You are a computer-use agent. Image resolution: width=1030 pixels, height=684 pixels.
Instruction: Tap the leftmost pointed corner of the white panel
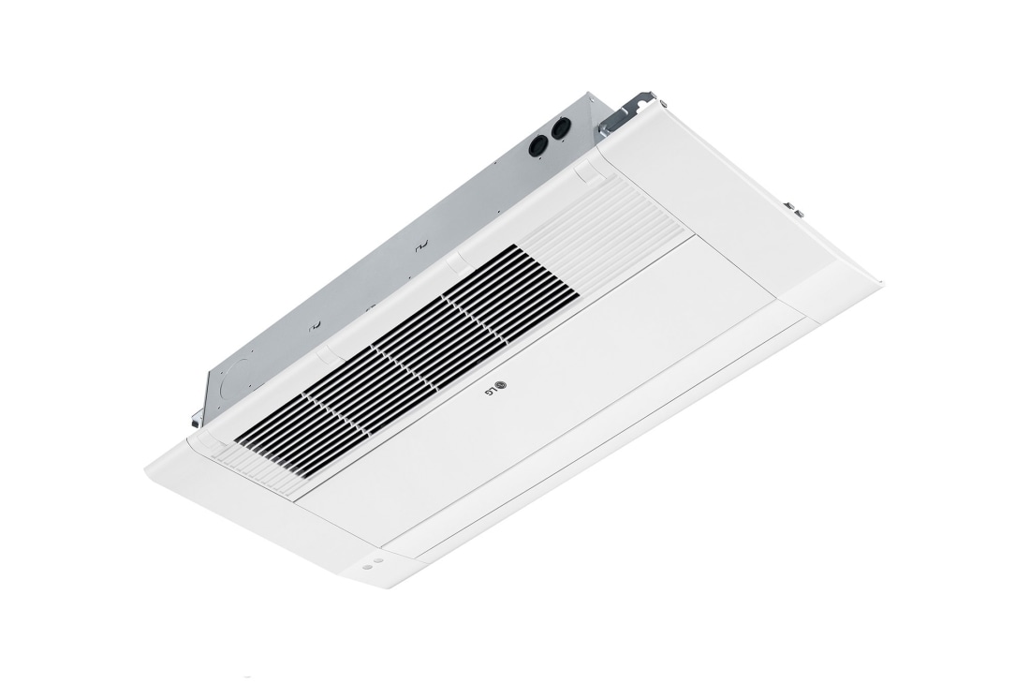pyautogui.click(x=147, y=469)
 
